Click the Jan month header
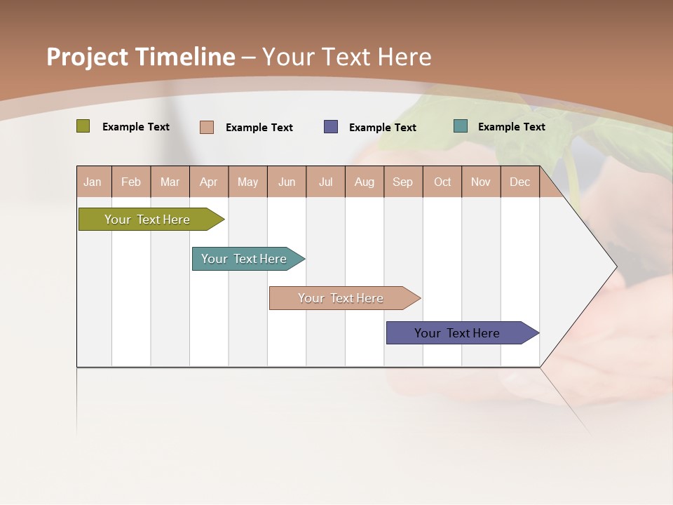coord(93,182)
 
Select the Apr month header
coord(208,182)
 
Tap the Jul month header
coord(325,182)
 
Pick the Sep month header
coord(402,182)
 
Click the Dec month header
coord(519,182)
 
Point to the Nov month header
coord(480,182)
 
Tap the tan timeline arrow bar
coord(341,298)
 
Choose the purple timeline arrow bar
coord(458,333)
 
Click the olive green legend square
coord(83,126)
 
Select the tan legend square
coord(206,127)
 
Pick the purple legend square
coord(330,127)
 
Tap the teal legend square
coord(460,126)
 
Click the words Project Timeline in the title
coord(140,57)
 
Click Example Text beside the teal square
coord(511,126)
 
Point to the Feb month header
coord(131,182)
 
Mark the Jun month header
coord(286,182)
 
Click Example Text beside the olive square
coord(135,126)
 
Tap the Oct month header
coord(442,182)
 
